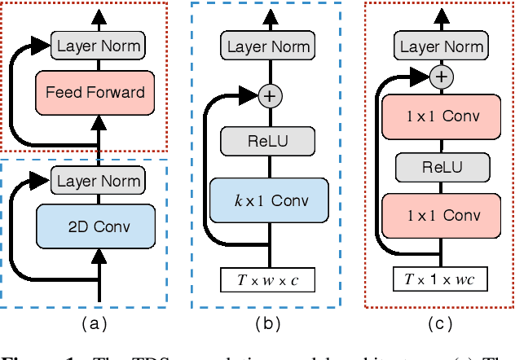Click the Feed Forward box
pyautogui.click(x=95, y=92)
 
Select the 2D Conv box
pyautogui.click(x=95, y=225)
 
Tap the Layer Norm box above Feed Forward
pyautogui.click(x=99, y=46)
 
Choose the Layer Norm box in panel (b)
pyautogui.click(x=269, y=46)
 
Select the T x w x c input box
pyautogui.click(x=267, y=281)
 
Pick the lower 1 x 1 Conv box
pyautogui.click(x=440, y=216)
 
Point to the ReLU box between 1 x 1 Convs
pyautogui.click(x=440, y=167)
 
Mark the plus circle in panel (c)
pyautogui.click(x=441, y=77)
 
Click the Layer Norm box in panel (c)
pyautogui.click(x=441, y=46)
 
